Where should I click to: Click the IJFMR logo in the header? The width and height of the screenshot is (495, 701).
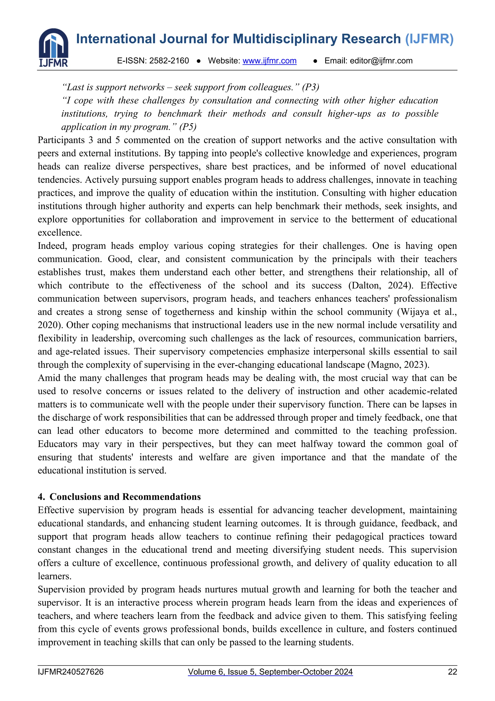[x=54, y=48]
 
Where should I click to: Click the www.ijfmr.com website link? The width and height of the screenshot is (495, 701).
[x=269, y=61]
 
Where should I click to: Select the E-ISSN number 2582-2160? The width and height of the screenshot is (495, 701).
[x=169, y=61]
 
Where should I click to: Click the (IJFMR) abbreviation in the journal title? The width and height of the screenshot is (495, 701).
[x=429, y=39]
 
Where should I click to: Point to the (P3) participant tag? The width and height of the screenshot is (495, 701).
[x=311, y=87]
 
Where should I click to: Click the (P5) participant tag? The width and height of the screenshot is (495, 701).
[x=188, y=127]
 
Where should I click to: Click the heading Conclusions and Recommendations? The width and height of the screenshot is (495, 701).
[x=125, y=497]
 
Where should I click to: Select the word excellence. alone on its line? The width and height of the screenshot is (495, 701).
[x=60, y=233]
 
